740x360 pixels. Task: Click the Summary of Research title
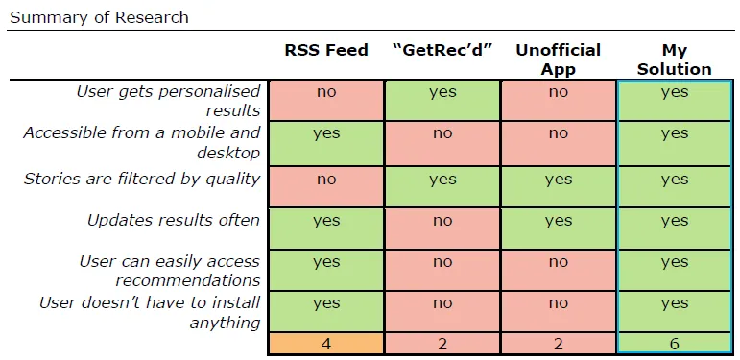[x=99, y=17]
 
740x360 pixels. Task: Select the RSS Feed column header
[x=326, y=51]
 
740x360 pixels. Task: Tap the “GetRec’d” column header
[x=442, y=51]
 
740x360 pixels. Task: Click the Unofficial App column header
[x=558, y=59]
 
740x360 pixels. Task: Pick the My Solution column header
[x=675, y=60]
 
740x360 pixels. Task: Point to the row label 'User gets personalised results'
[x=168, y=101]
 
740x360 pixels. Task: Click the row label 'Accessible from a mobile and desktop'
[x=142, y=142]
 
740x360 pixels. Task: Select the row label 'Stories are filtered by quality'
[x=141, y=179]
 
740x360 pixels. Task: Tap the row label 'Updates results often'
[x=174, y=220]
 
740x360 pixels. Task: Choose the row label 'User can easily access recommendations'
[x=169, y=271]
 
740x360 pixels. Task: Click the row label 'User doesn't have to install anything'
[x=150, y=312]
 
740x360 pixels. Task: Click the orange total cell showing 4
[x=326, y=343]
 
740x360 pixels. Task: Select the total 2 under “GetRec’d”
[x=442, y=343]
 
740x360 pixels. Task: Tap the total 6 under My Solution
[x=675, y=343]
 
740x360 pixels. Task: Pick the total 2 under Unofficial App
[x=558, y=343]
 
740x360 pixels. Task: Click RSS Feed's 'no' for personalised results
[x=326, y=93]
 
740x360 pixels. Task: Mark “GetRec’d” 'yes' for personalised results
[x=442, y=93]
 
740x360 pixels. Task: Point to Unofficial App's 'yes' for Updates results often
[x=558, y=221]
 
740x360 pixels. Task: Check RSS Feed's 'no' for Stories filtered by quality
[x=326, y=180]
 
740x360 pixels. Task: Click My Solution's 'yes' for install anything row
[x=675, y=303]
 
